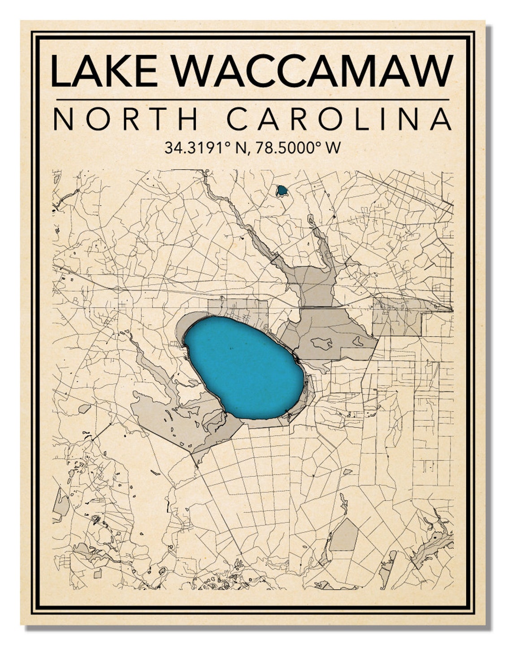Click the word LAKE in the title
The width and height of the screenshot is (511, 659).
[104, 71]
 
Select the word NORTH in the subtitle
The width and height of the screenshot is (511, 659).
[126, 120]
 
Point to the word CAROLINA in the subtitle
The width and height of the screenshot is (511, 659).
[339, 120]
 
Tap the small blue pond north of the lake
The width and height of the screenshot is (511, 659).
[282, 191]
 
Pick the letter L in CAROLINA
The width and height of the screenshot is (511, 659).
[365, 120]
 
